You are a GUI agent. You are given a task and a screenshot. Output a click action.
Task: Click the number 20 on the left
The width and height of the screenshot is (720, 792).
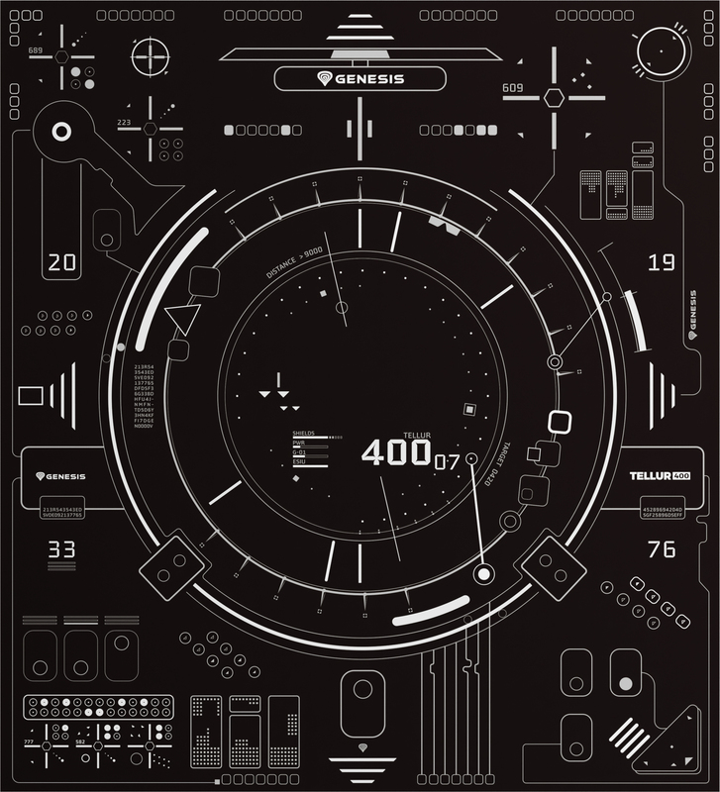click(61, 262)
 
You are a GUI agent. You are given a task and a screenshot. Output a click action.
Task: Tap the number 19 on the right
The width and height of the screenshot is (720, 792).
click(661, 262)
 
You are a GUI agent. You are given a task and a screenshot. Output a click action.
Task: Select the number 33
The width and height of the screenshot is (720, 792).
click(61, 548)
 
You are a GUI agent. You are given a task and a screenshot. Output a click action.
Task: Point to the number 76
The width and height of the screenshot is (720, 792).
click(661, 548)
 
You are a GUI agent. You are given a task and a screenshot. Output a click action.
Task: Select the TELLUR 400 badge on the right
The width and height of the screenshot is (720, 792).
click(660, 476)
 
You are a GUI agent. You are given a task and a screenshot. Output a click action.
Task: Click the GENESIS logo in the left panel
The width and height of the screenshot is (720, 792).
click(60, 476)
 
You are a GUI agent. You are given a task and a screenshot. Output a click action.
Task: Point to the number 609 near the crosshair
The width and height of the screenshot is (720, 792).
click(512, 88)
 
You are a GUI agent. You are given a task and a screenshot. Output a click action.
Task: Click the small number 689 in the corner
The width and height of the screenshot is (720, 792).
click(36, 49)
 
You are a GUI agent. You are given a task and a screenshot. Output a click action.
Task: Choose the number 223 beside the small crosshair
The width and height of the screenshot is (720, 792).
click(124, 123)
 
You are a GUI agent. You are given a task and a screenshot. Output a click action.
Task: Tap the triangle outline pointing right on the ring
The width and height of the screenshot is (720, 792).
click(182, 320)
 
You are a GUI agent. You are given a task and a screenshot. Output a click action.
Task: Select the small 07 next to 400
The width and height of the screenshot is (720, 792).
click(447, 460)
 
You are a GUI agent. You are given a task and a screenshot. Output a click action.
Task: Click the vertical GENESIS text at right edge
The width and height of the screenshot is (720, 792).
click(691, 316)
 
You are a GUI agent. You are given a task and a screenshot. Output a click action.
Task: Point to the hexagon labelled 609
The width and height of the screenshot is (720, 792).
click(554, 97)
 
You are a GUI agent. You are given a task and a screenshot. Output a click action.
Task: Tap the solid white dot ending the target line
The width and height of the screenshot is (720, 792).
click(484, 574)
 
